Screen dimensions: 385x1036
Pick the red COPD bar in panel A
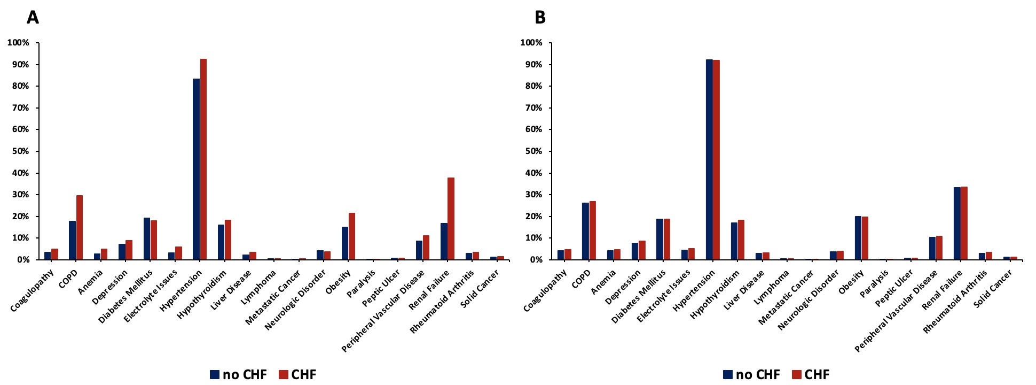click(x=80, y=227)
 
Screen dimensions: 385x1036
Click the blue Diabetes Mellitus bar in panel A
click(x=147, y=238)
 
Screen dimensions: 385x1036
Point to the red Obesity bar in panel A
click(x=352, y=236)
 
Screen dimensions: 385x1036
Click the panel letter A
click(x=33, y=18)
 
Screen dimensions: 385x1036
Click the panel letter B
click(x=540, y=18)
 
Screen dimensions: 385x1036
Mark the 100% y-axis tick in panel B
click(x=531, y=43)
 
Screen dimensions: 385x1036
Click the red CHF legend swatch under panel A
click(x=284, y=374)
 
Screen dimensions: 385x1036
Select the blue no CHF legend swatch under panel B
click(x=728, y=374)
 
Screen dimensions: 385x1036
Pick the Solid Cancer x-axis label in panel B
click(x=993, y=289)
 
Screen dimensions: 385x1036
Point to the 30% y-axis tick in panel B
click(x=533, y=195)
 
